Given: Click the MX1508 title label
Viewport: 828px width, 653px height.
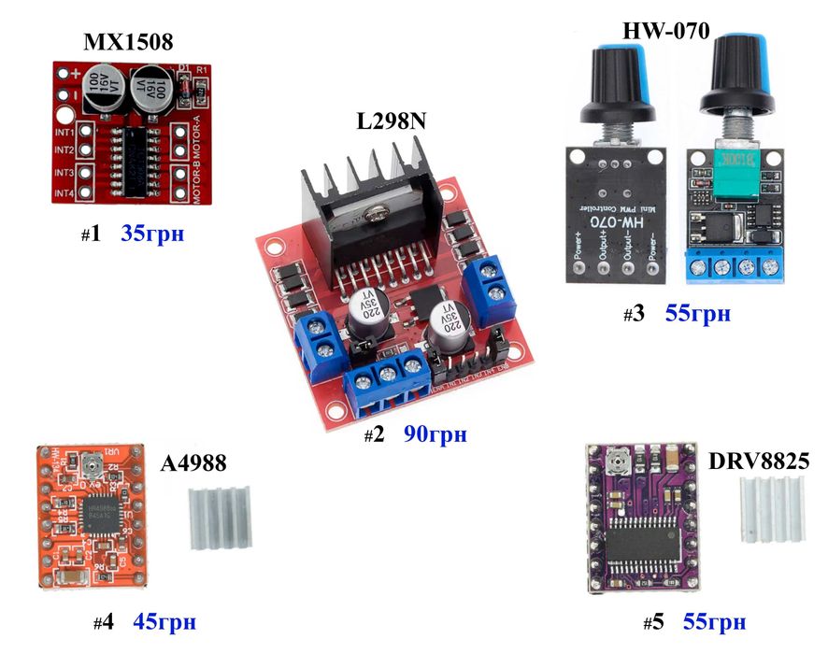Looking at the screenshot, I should pyautogui.click(x=128, y=42).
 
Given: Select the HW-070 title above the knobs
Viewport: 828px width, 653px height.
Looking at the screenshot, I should pyautogui.click(x=666, y=30).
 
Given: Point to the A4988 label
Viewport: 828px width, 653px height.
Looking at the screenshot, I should pyautogui.click(x=193, y=465).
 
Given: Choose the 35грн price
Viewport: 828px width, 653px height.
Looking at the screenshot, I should pyautogui.click(x=152, y=234).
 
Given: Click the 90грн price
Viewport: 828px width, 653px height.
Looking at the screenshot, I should pyautogui.click(x=435, y=434).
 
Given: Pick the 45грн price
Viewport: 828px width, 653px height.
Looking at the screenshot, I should pyautogui.click(x=165, y=620).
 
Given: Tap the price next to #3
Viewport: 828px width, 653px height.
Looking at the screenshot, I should pyautogui.click(x=697, y=313).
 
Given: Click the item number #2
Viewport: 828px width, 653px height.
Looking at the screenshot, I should pyautogui.click(x=374, y=435).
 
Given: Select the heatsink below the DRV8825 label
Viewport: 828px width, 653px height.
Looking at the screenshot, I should pyautogui.click(x=771, y=510).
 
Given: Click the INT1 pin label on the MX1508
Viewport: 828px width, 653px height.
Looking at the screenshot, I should pyautogui.click(x=64, y=133).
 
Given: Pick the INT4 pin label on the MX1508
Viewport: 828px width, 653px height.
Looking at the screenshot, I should pyautogui.click(x=64, y=193).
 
